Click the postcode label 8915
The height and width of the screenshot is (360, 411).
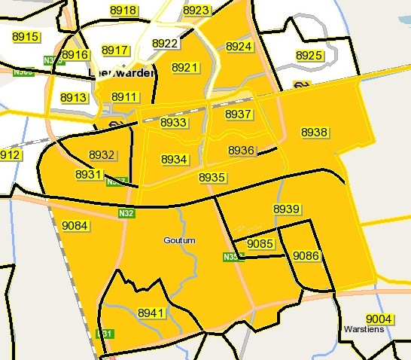pos(26,36)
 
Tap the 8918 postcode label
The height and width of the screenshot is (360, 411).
pos(123,10)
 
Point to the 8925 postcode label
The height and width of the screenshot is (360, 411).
pos(309,55)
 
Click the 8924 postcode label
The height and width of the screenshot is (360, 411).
pos(239,46)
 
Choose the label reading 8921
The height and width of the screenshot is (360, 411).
pos(184,67)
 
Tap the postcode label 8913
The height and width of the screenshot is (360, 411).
pos(74,98)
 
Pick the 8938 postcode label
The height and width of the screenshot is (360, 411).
pos(314,132)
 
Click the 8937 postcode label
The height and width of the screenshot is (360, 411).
pos(239,114)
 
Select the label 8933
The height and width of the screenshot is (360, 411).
pos(174,122)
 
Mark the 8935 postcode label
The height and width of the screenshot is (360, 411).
pos(212,176)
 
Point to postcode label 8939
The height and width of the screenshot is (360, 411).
pos(286,208)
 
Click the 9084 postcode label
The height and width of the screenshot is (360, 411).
pos(75,225)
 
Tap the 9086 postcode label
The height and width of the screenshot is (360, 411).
pos(306,255)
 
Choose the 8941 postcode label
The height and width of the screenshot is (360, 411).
pos(151,312)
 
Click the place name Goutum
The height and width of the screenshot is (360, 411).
pos(178,240)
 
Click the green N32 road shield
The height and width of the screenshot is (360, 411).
pos(126,214)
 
